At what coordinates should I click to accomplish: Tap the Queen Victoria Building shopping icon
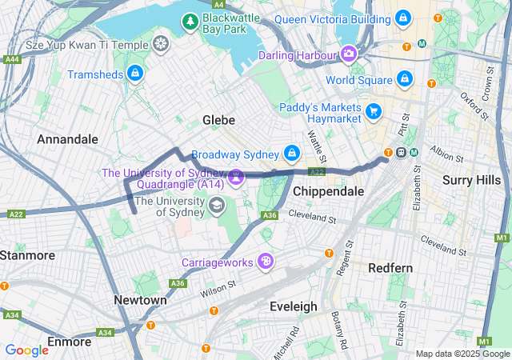[x=402, y=17]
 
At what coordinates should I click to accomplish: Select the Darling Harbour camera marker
[x=349, y=54]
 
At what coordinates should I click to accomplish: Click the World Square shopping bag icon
[x=405, y=78]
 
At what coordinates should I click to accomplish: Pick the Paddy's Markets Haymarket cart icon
[x=373, y=110]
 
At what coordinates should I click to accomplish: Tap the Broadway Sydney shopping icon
[x=292, y=153]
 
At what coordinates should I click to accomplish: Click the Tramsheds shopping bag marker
[x=135, y=74]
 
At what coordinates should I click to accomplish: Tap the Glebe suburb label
[x=218, y=120]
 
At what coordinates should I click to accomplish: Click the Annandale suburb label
[x=67, y=139]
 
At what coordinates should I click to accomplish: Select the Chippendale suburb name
[x=328, y=192]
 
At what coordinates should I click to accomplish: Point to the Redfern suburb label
[x=390, y=268]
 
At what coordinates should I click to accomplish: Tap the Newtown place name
[x=140, y=300]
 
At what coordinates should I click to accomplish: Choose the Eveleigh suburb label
[x=293, y=306]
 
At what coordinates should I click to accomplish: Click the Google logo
[x=26, y=350]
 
